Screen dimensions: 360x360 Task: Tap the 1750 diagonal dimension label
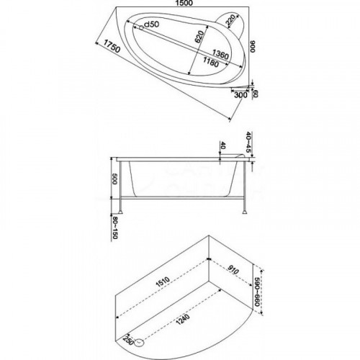pyautogui.click(x=112, y=46)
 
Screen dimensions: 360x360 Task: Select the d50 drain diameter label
pyautogui.click(x=152, y=24)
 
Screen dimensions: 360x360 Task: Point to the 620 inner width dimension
pyautogui.click(x=199, y=37)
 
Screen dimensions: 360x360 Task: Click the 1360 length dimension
pyautogui.click(x=220, y=54)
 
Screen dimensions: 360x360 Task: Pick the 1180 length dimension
pyautogui.click(x=211, y=62)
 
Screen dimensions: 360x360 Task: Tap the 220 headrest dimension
pyautogui.click(x=230, y=20)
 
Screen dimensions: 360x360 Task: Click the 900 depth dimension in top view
pyautogui.click(x=253, y=46)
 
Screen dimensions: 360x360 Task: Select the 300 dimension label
pyautogui.click(x=240, y=95)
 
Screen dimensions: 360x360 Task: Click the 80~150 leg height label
pyautogui.click(x=115, y=228)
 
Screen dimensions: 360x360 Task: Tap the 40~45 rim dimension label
pyautogui.click(x=248, y=142)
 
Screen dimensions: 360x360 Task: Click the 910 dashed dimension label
pyautogui.click(x=233, y=270)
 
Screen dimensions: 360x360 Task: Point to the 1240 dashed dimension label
pyautogui.click(x=183, y=319)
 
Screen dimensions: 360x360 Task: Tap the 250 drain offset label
pyautogui.click(x=128, y=341)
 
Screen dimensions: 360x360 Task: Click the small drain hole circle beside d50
pyautogui.click(x=141, y=28)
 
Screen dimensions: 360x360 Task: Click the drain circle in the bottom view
pyautogui.click(x=139, y=343)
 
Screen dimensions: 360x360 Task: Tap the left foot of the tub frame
pyautogui.click(x=120, y=212)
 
